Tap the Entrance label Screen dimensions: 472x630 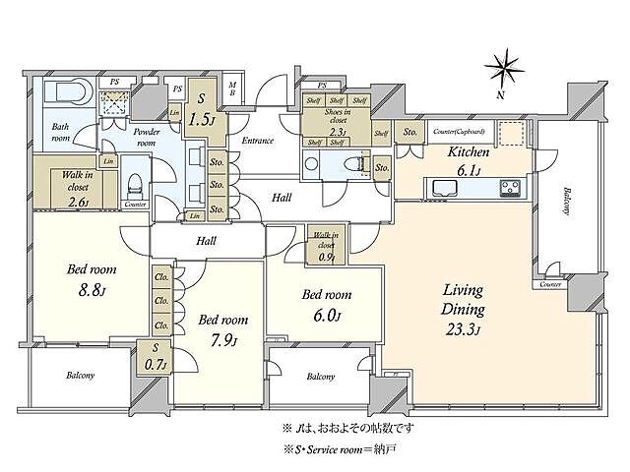click(259, 141)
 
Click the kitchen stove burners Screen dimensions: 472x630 click(511, 187)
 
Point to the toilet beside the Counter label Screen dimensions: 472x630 click(135, 184)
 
